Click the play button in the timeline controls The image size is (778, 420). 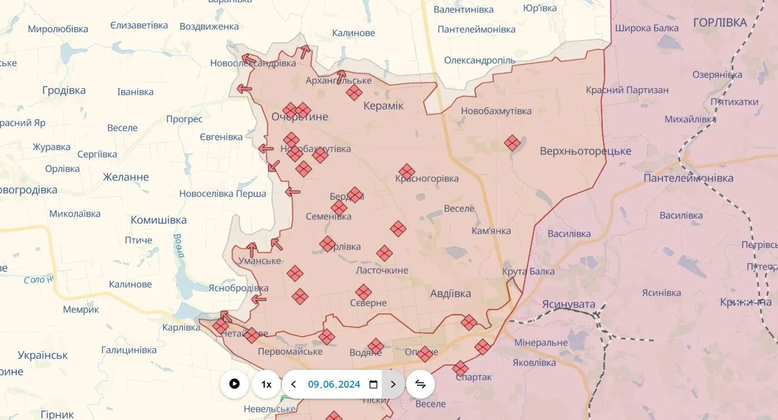pos(234,384)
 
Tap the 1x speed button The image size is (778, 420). pos(266,384)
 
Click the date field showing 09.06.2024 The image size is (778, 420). pos(334,384)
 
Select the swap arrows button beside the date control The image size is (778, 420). pos(420,384)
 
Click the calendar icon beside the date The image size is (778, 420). pos(373,384)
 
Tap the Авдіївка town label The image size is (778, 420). pos(451,293)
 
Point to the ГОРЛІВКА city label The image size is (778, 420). pos(720,22)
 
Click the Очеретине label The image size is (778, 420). pos(300,117)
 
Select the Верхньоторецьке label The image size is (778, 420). pos(586,151)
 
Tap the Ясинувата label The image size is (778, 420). pos(568,303)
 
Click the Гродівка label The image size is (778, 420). pos(64,90)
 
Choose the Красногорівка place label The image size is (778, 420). pos(427,178)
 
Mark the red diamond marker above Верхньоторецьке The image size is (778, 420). pos(512,142)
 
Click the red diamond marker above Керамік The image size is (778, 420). pos(354,92)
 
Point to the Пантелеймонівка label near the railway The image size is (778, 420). pos(688,178)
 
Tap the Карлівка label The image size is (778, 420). pos(181,327)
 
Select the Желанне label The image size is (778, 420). pos(126,177)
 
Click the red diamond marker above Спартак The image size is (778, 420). pos(460,368)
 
